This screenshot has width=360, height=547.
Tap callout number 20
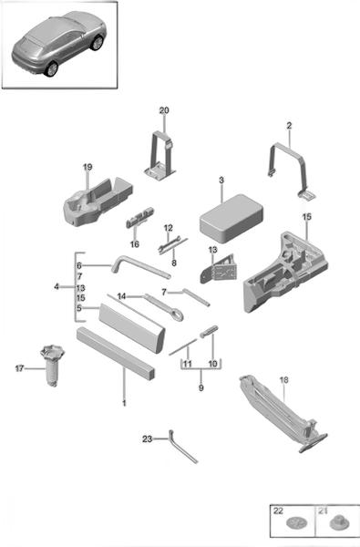click(x=164, y=110)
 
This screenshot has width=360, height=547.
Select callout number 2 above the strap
click(x=289, y=126)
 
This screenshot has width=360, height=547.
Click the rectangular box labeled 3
click(x=231, y=219)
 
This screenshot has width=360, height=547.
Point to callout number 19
click(x=87, y=167)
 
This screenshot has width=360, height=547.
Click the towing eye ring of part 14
click(x=178, y=316)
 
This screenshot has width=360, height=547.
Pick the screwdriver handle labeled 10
click(x=209, y=331)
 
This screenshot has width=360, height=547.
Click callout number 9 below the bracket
click(x=201, y=387)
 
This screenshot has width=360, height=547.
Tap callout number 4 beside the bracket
click(x=57, y=287)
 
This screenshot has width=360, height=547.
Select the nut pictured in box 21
click(x=337, y=522)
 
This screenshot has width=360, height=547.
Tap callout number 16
click(x=135, y=244)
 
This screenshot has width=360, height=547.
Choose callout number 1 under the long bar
click(x=124, y=403)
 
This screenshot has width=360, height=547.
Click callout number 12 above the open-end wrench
click(x=168, y=228)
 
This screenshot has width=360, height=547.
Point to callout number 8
click(x=174, y=263)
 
